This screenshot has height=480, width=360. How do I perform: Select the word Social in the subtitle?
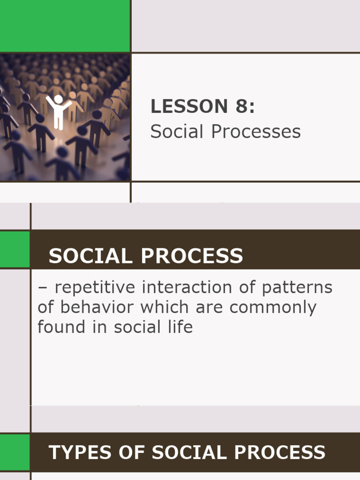click(177, 132)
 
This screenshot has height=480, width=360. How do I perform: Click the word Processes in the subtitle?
click(256, 132)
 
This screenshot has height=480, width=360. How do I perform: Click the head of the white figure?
click(58, 99)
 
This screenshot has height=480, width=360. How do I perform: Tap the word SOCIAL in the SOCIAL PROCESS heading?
click(88, 256)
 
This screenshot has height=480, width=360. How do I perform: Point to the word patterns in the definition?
click(297, 287)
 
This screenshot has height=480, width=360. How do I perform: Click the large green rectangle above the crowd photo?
click(65, 26)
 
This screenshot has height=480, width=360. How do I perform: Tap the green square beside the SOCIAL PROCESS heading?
click(15, 249)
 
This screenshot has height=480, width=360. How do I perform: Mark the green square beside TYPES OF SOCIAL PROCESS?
click(15, 452)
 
